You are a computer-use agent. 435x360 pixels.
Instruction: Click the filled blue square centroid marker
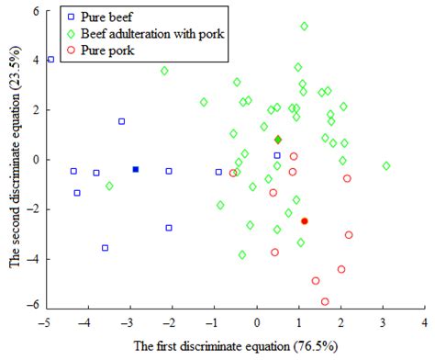135,169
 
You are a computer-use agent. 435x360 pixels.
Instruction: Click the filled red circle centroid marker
305,220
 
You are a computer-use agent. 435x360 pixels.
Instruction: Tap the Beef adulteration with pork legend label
146,34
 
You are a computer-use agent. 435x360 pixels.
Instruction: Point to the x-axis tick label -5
44,322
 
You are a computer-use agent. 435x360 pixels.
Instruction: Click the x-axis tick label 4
424,322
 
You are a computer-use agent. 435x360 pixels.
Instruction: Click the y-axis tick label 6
32,10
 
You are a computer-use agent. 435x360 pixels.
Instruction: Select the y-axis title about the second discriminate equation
13,158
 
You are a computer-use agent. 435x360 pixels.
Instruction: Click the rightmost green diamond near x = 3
386,166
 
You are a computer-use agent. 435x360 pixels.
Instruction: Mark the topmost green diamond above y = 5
304,27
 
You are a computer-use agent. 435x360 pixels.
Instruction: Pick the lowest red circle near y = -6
325,301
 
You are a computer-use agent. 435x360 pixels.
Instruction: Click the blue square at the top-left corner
50,60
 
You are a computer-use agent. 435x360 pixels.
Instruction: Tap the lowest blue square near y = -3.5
106,248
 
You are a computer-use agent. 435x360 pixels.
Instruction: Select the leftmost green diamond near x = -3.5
109,186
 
